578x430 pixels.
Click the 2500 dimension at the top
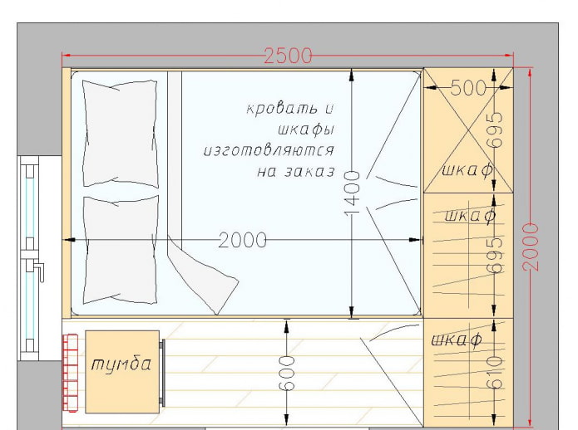point(288,56)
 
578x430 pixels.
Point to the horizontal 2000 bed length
point(243,241)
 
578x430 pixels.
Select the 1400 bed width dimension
point(352,193)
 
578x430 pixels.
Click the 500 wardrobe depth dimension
point(467,88)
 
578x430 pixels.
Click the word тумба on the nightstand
point(121,364)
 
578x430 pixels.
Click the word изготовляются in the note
point(269,151)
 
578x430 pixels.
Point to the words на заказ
point(296,173)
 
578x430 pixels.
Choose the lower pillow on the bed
point(121,249)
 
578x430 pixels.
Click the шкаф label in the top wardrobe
point(466,170)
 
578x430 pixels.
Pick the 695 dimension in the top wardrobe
point(495,129)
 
